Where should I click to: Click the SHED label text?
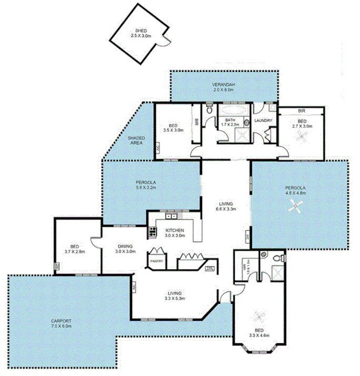pyautogui.click(x=141, y=31)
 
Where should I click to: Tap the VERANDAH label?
pyautogui.click(x=223, y=85)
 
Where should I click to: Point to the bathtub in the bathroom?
pyautogui.click(x=232, y=111)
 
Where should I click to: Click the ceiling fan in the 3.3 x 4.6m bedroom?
pyautogui.click(x=259, y=316)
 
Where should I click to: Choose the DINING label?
pyautogui.click(x=125, y=246)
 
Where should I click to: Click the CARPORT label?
pyautogui.click(x=62, y=321)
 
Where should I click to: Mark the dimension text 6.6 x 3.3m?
pyautogui.click(x=226, y=209)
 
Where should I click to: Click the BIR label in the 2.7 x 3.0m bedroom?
pyautogui.click(x=302, y=111)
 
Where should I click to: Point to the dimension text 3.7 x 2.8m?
pyautogui.click(x=74, y=251)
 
